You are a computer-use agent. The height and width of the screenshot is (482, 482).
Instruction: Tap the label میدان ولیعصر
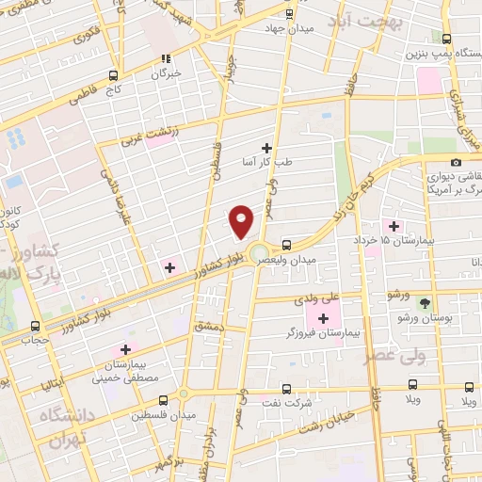tap(322, 258)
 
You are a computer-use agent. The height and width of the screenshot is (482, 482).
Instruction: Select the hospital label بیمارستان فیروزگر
tap(321, 335)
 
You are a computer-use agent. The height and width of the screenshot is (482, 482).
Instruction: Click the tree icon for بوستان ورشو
tap(424, 302)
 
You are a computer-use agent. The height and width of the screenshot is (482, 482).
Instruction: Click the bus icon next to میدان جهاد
tap(288, 12)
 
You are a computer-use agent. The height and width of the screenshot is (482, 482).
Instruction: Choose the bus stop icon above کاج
tap(113, 76)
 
